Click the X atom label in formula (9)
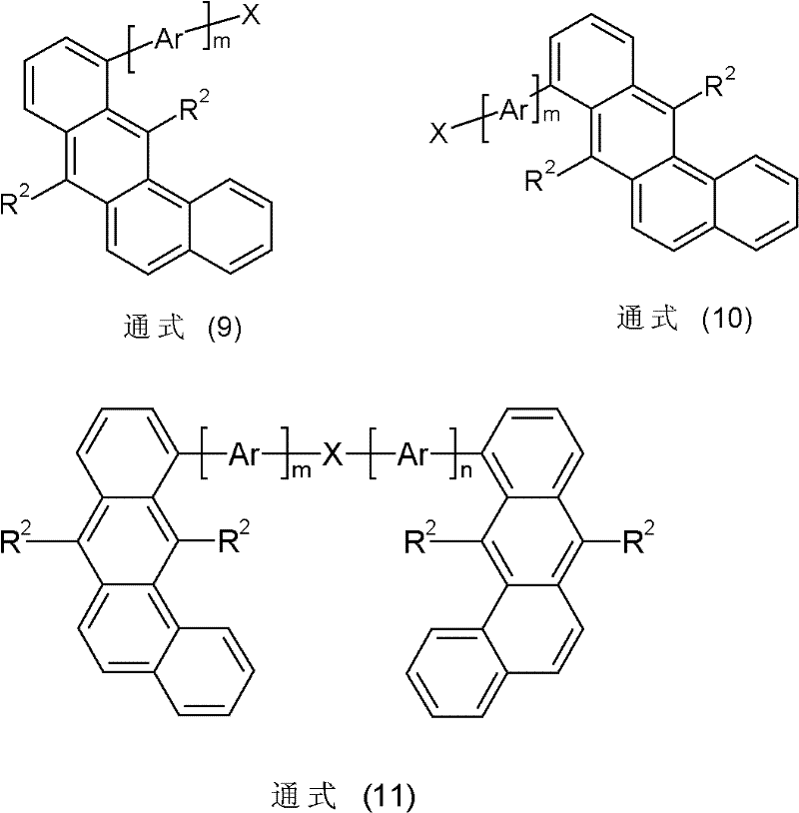(x=251, y=18)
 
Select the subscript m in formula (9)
(x=222, y=42)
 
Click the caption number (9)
(x=225, y=329)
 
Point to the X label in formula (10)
(x=438, y=134)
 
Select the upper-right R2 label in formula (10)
(x=721, y=83)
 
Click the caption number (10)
(x=726, y=318)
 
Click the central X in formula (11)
(x=333, y=456)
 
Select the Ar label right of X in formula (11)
(x=413, y=455)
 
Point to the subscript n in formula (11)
(x=466, y=471)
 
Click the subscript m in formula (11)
(x=303, y=471)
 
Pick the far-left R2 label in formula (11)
(x=16, y=539)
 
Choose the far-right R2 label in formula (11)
(x=638, y=539)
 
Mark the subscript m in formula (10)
(x=551, y=115)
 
